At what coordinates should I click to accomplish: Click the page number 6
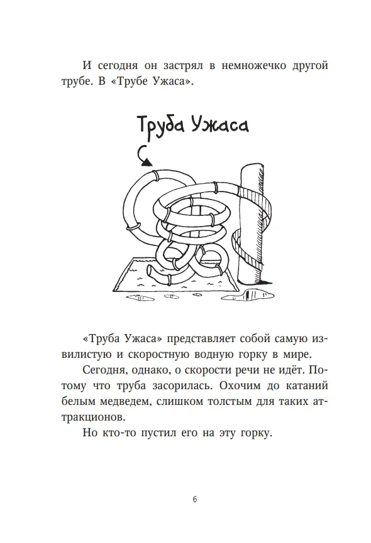(194, 499)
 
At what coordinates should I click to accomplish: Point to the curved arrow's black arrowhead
(147, 163)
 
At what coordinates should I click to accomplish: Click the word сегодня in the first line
(118, 66)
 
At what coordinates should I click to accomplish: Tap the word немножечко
(253, 65)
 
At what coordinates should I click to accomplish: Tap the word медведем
(125, 402)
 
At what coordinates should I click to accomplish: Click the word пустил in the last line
(158, 433)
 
